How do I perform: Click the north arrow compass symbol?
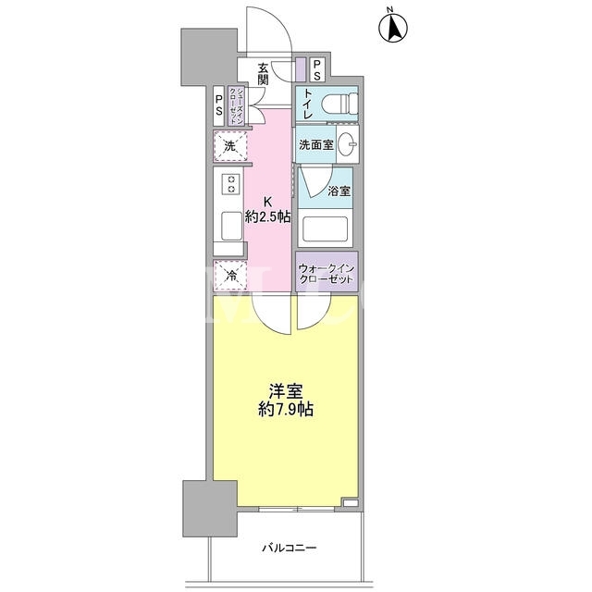coord(393,27)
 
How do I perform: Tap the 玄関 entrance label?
coord(263,74)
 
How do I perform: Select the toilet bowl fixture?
coord(339,104)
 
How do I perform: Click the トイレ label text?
coord(308,104)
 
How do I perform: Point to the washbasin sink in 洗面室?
coord(348,144)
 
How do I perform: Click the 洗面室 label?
coord(316,144)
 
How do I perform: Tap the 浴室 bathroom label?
coord(339,191)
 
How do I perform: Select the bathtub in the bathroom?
coord(325,228)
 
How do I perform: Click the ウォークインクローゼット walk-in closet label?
coord(327,274)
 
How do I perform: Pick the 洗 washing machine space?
coord(230,146)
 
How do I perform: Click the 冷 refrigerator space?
coord(230,276)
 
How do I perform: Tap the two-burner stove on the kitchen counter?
coord(231,184)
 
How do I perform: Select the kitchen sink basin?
coord(231,226)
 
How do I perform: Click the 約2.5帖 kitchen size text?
coord(267,216)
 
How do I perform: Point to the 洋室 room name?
coord(286,391)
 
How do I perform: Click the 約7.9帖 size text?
coord(286,409)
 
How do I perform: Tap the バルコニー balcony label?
coord(290,548)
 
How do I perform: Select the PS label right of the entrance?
coord(316,70)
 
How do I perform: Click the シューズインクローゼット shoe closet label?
coord(235,106)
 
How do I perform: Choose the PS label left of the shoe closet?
coord(218,105)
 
